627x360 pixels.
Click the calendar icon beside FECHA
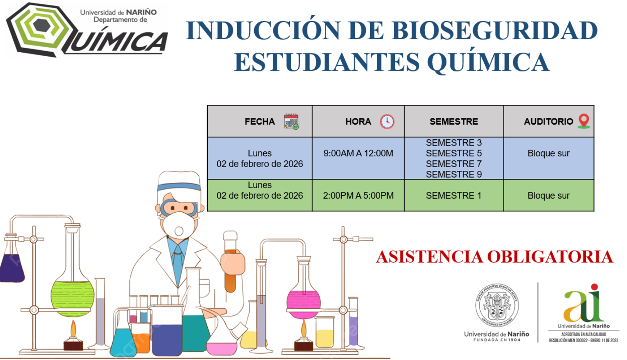(291, 121)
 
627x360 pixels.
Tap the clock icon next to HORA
(387, 121)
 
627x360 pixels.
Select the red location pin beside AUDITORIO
(584, 121)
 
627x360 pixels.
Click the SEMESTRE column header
(454, 121)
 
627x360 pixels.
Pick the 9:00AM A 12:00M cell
(358, 153)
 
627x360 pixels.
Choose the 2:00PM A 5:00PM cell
(358, 196)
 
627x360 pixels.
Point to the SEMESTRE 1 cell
(454, 196)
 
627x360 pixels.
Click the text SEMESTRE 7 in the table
(454, 164)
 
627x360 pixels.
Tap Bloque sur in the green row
(548, 196)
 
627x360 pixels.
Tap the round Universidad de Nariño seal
(497, 305)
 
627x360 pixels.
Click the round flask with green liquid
(72, 296)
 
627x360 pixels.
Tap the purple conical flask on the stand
(12, 267)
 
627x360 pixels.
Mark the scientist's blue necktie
(178, 264)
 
